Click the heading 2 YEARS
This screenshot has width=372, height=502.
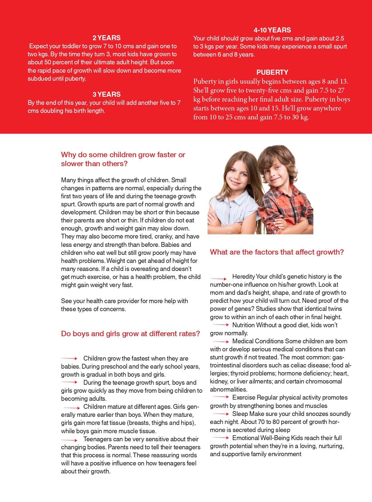[106, 38]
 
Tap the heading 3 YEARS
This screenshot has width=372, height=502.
[106, 94]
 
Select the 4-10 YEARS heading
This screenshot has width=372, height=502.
[272, 30]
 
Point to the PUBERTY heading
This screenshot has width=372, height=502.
[272, 72]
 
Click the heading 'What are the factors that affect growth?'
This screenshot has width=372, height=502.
[277, 252]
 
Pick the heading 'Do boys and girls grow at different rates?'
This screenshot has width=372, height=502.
[130, 333]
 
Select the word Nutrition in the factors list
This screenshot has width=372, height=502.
[243, 325]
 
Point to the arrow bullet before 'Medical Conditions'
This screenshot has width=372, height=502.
[221, 342]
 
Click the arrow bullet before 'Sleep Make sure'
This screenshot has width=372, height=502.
[221, 414]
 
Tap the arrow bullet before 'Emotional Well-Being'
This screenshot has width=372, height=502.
[221, 438]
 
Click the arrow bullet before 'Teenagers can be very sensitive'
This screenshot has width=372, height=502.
[69, 440]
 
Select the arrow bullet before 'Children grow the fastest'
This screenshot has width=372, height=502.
[69, 358]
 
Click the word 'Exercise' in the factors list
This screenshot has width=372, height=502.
[244, 397]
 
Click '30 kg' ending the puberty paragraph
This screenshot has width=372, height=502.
[300, 117]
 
